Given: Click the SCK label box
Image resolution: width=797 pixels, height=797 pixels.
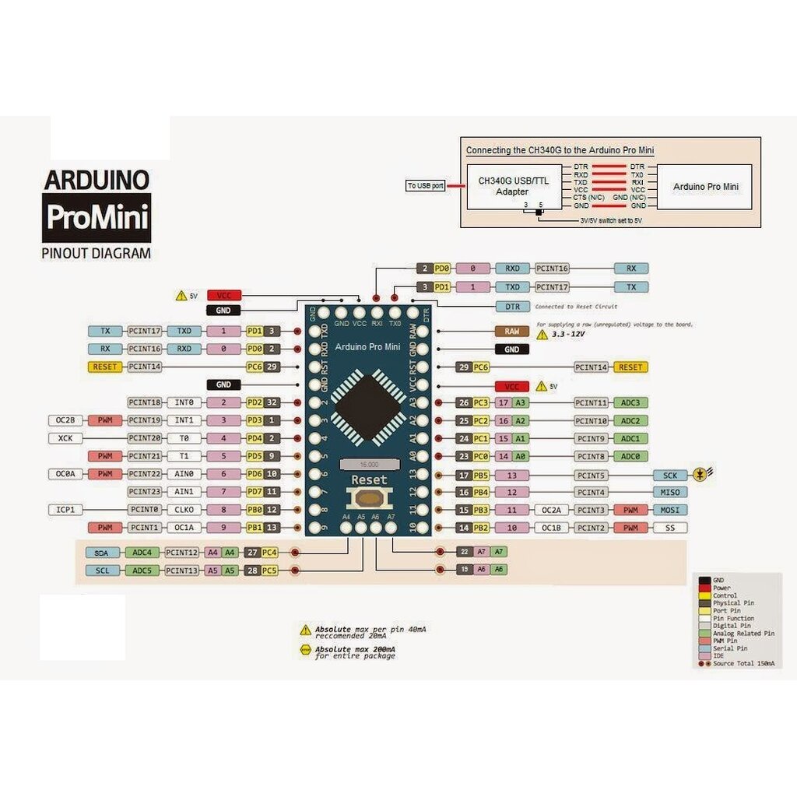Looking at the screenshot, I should tap(669, 475).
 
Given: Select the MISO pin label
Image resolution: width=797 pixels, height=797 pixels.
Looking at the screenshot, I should tap(669, 493).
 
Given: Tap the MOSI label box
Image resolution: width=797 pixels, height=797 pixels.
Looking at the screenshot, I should tap(669, 511).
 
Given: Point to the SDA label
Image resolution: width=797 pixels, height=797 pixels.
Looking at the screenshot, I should tap(102, 553).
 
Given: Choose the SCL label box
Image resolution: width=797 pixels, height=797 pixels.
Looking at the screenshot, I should tap(102, 571).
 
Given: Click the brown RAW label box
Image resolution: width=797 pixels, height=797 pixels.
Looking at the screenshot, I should tap(511, 332).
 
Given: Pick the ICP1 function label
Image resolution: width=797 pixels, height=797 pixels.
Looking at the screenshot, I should tap(65, 511).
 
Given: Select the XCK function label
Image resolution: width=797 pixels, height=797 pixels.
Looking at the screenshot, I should tap(65, 439).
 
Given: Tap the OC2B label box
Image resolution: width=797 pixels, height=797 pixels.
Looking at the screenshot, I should tap(65, 421).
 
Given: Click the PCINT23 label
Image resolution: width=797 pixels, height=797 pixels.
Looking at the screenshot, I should tap(144, 492).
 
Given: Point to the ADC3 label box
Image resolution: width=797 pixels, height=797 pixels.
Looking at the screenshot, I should tap(631, 403).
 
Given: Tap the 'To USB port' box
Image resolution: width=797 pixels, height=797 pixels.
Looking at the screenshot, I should tap(426, 186).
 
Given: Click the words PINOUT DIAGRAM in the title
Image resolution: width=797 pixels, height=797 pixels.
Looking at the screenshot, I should tap(96, 253).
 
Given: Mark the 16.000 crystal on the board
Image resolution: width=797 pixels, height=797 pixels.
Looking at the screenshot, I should tap(365, 464).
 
